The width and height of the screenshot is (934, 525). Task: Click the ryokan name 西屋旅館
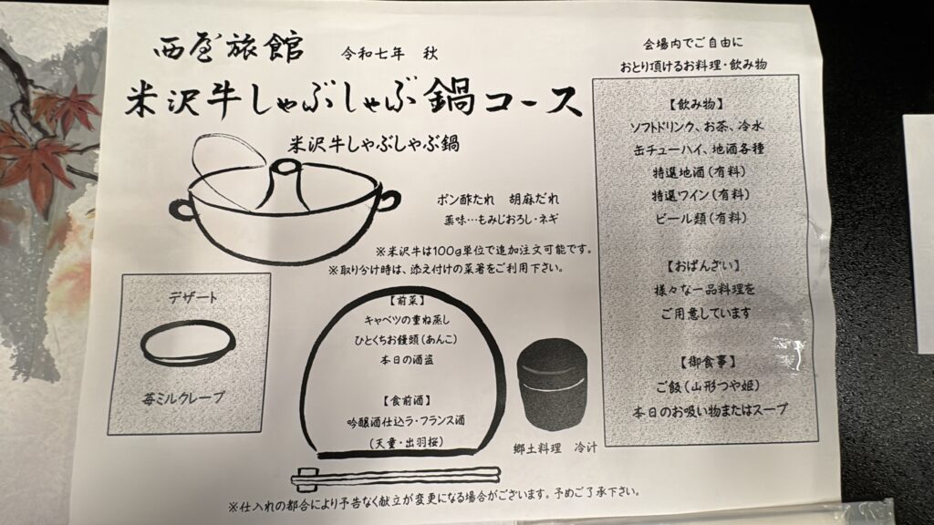point(229,47)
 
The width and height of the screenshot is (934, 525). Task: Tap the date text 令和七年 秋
point(389,54)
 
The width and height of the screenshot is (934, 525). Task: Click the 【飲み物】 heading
point(696,104)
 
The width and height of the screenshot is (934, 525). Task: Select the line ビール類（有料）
point(700,218)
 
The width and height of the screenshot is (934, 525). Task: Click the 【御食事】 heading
point(708,362)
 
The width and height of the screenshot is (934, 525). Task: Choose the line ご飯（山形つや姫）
point(707,386)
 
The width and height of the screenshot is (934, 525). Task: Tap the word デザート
point(193,296)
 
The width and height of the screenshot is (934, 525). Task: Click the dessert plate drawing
point(188,344)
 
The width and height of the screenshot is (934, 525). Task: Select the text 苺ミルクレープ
point(184,397)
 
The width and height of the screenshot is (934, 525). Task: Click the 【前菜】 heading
point(407,300)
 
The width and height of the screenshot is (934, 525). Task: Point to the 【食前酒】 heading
point(407,400)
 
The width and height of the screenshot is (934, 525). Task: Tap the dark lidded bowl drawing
point(552,390)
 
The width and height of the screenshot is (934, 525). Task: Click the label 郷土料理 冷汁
point(555,448)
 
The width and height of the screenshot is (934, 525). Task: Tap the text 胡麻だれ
point(534,199)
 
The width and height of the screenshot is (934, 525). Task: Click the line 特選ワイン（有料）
point(700,195)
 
